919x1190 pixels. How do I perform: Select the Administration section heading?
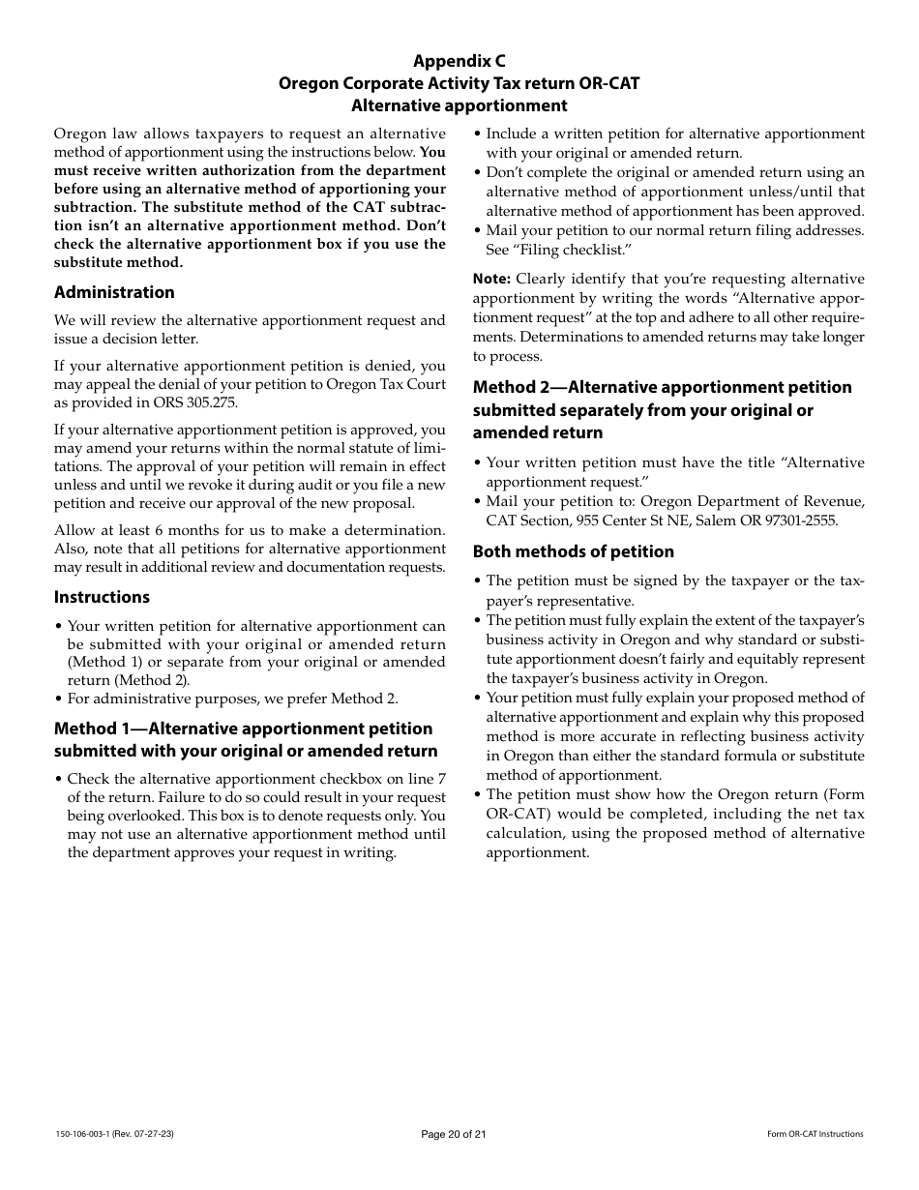(x=114, y=292)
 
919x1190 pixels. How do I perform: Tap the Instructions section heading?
(x=102, y=597)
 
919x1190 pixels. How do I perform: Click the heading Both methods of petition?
(x=573, y=551)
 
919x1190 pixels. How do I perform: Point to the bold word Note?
(x=491, y=280)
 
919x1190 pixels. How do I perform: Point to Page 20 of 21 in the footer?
(x=459, y=1134)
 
